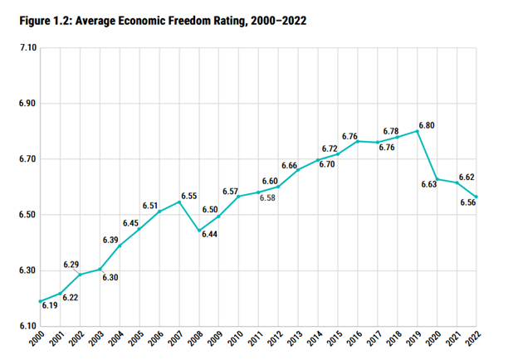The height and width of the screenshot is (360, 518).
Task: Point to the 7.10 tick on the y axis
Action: [x=25, y=49]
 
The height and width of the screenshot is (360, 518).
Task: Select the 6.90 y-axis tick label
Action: [x=25, y=105]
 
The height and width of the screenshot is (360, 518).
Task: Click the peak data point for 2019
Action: [x=418, y=131]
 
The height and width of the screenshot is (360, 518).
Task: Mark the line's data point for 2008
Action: [x=199, y=231]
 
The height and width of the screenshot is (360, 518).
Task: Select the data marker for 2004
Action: [x=120, y=246]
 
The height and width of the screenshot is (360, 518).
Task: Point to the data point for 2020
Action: [x=437, y=178]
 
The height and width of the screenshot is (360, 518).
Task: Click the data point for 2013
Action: [x=298, y=170]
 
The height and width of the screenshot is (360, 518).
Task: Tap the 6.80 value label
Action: [x=428, y=125]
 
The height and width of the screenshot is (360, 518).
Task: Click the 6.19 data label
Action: [x=48, y=306]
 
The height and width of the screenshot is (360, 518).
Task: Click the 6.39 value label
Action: [x=110, y=240]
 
